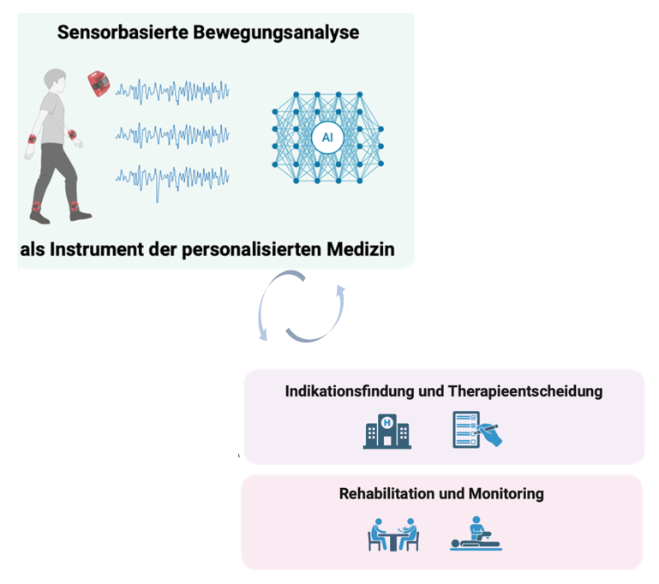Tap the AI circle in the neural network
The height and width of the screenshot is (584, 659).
(327, 135)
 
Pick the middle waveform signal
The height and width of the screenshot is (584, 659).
(172, 134)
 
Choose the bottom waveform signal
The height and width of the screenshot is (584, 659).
(172, 177)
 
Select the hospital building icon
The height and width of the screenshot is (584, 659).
(386, 430)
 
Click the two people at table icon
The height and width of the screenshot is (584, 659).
(392, 535)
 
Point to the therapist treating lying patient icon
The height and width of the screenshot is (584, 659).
(476, 535)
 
